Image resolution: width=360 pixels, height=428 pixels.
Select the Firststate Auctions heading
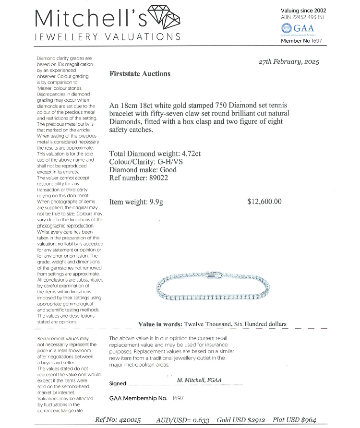coord(140,74)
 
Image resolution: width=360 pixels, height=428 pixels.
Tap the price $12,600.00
coord(264,202)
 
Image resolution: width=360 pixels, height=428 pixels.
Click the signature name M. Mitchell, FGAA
coord(199,380)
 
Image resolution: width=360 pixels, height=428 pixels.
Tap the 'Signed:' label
coord(119,384)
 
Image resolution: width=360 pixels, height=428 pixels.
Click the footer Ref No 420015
coord(118,420)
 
